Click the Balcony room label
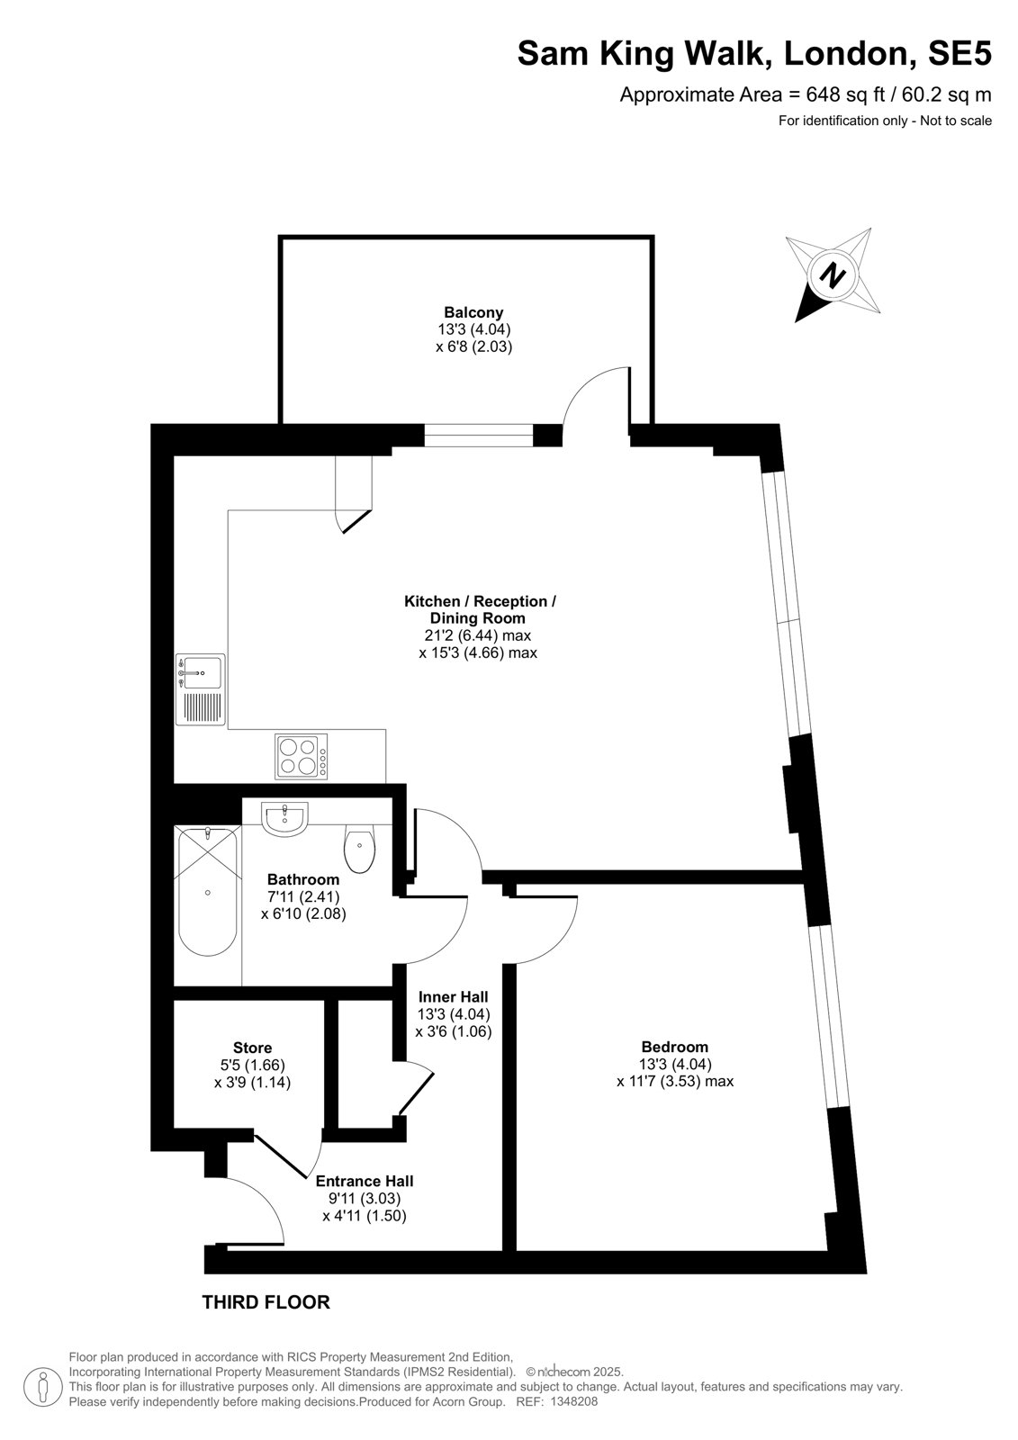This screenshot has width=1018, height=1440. click(473, 313)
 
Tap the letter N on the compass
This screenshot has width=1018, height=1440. click(833, 276)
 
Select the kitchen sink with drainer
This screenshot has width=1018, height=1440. click(201, 689)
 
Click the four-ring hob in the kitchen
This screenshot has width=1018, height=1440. click(301, 757)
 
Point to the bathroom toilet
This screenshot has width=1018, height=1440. click(359, 847)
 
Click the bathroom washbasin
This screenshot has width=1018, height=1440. click(285, 820)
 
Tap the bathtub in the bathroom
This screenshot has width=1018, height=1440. click(207, 891)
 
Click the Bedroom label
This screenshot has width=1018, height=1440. click(674, 1047)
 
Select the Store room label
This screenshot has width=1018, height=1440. click(252, 1048)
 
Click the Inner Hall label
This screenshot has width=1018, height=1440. click(454, 996)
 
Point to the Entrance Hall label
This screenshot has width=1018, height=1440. click(364, 1181)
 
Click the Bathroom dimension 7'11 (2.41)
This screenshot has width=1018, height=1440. click(303, 896)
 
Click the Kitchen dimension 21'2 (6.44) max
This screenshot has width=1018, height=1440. click(478, 635)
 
